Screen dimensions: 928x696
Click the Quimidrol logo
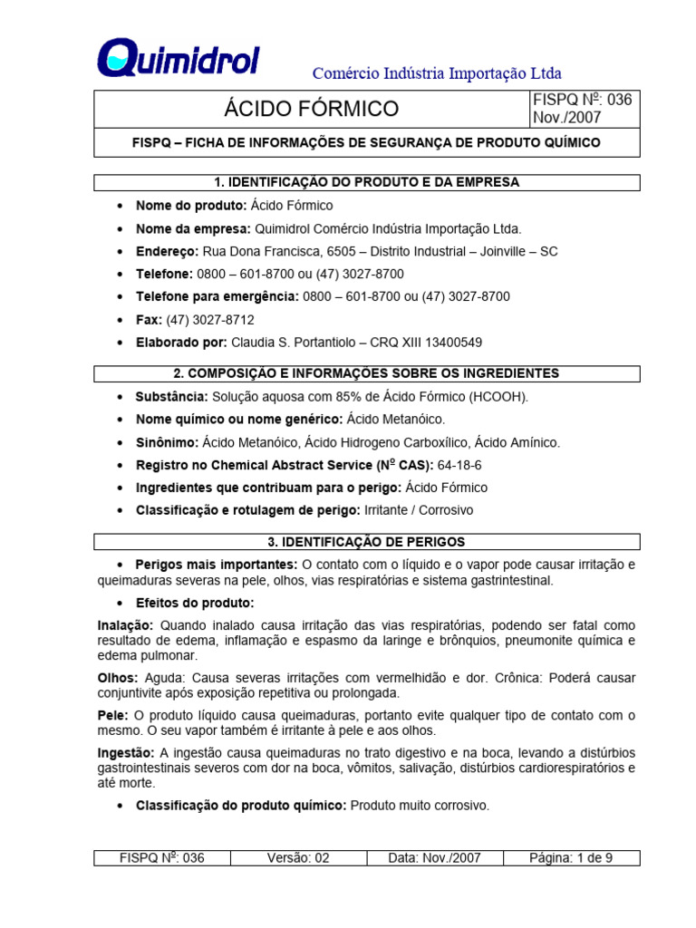click(x=179, y=58)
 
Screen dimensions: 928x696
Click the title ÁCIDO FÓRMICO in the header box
click(x=311, y=110)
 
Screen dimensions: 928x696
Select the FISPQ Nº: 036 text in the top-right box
click(x=582, y=101)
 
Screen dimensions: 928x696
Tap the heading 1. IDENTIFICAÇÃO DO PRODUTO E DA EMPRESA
click(x=367, y=182)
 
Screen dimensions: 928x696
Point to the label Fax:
click(x=149, y=320)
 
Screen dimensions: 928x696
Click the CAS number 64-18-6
click(x=459, y=465)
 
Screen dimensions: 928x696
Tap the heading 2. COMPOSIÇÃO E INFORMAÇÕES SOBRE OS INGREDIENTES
click(x=367, y=373)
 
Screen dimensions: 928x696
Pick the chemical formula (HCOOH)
click(x=498, y=397)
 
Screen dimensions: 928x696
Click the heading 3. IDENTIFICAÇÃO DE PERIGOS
click(x=367, y=542)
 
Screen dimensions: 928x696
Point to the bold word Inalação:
click(x=126, y=625)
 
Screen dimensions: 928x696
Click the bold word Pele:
click(x=112, y=715)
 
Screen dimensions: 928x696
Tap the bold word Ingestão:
click(x=126, y=753)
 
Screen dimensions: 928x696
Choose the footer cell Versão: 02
click(x=298, y=858)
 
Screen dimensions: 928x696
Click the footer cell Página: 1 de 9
click(x=571, y=858)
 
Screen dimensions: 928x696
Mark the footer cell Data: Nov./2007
click(x=434, y=858)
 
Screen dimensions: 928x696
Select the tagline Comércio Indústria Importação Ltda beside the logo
click(x=437, y=72)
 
